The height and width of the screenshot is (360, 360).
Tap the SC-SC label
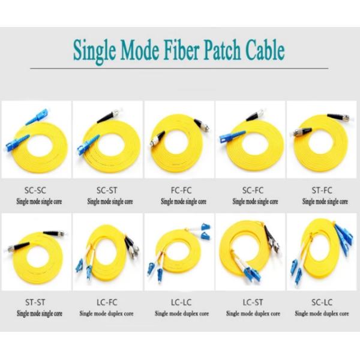35,190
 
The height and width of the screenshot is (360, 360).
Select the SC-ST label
107,190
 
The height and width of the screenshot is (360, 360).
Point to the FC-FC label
181,190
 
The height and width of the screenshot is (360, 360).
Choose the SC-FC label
253,190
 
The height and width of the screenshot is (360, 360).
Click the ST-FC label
322,190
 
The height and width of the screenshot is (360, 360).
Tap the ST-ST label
35,302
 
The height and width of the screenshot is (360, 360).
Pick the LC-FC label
107,302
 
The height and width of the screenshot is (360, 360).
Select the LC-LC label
181,302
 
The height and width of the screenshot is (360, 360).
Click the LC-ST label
253,302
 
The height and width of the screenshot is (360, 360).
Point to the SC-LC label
322,302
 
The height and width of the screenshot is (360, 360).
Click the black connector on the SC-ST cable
107,116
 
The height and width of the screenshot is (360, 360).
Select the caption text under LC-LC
182,314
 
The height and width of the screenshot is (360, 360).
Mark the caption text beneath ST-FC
325,202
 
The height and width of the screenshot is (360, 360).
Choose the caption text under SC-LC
322,314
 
